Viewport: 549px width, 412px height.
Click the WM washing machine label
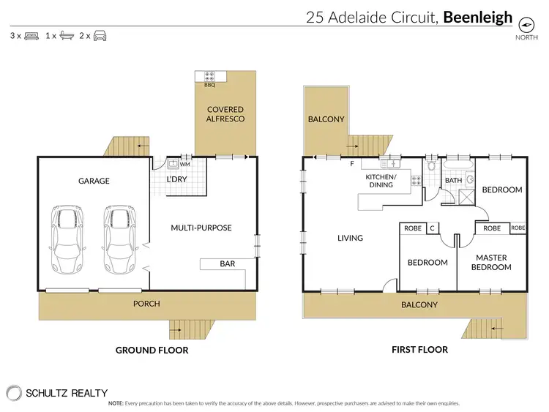184,165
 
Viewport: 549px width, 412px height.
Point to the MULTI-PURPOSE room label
201,228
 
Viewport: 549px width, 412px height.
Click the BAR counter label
228,263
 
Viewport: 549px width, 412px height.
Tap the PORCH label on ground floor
146,303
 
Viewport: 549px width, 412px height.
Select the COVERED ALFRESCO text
225,114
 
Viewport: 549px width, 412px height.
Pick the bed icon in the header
31,35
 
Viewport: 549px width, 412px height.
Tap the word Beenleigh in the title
477,18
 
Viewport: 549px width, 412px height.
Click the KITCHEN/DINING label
381,181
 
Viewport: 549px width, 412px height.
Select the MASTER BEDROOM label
492,262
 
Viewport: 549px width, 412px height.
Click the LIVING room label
349,238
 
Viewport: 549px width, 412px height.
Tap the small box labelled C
432,228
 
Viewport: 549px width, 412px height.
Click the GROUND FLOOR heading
152,350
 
